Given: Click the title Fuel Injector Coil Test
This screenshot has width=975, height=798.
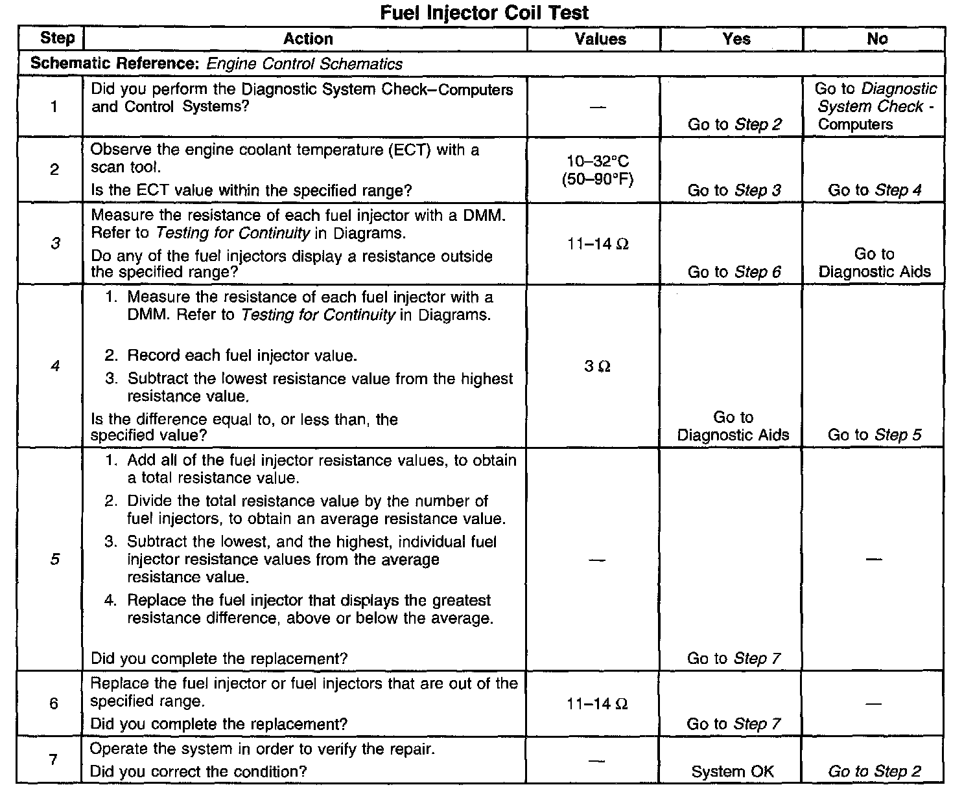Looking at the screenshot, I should pyautogui.click(x=484, y=12).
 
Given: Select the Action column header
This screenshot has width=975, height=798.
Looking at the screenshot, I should pyautogui.click(x=308, y=39).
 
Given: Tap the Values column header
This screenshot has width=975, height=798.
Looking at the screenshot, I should pyautogui.click(x=600, y=40).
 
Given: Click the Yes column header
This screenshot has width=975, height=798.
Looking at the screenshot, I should pyautogui.click(x=736, y=39).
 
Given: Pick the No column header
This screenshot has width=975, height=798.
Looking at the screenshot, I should pyautogui.click(x=876, y=39).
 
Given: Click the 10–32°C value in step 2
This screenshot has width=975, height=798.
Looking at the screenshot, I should pyautogui.click(x=598, y=161).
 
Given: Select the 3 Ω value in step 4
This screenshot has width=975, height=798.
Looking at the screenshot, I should pyautogui.click(x=597, y=367).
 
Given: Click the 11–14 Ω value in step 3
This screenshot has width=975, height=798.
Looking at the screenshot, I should pyautogui.click(x=598, y=244).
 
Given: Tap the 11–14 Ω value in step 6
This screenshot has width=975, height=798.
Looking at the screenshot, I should pyautogui.click(x=597, y=704).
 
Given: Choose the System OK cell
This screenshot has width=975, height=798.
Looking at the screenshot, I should pyautogui.click(x=733, y=771).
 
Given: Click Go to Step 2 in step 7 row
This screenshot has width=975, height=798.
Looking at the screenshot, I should pyautogui.click(x=875, y=771).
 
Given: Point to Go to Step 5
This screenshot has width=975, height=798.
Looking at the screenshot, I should pyautogui.click(x=875, y=435).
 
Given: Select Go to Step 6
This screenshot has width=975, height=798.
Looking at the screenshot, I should pyautogui.click(x=734, y=272).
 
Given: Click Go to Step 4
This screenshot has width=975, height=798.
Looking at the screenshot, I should pyautogui.click(x=875, y=190).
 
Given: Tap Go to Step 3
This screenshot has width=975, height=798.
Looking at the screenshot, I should pyautogui.click(x=734, y=190).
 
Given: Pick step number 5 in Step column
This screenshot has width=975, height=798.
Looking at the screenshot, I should pyautogui.click(x=54, y=559).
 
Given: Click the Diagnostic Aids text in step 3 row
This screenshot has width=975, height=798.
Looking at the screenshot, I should pyautogui.click(x=875, y=272).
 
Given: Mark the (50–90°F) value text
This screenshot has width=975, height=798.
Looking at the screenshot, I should pyautogui.click(x=598, y=179).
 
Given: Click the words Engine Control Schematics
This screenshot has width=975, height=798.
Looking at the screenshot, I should pyautogui.click(x=305, y=64).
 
